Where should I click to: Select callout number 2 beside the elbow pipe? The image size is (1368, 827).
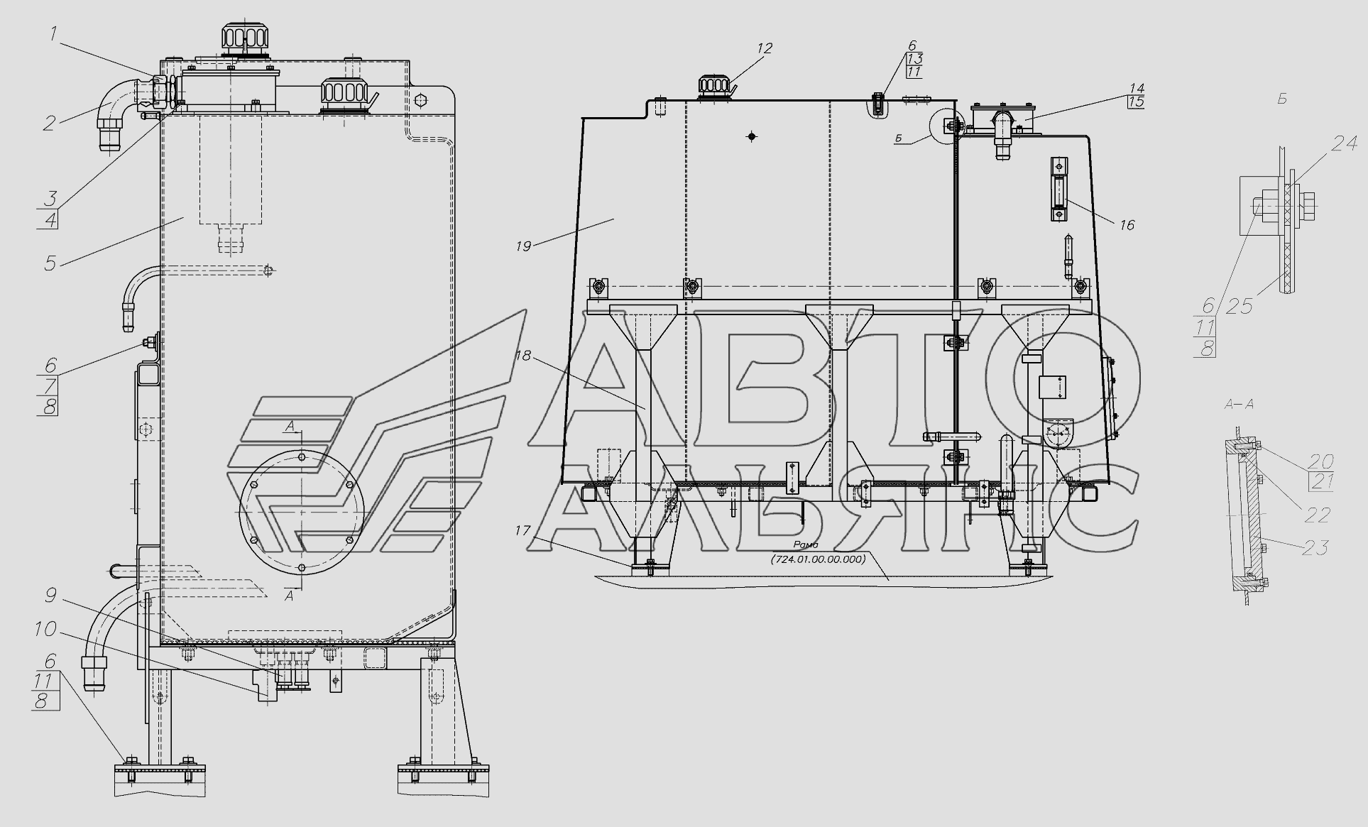pyautogui.click(x=49, y=122)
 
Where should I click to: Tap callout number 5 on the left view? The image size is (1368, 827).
pyautogui.click(x=50, y=263)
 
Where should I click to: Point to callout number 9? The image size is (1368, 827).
pyautogui.click(x=49, y=595)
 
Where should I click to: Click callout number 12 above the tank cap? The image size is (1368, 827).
pyautogui.click(x=764, y=48)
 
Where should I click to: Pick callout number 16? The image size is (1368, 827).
pyautogui.click(x=1127, y=225)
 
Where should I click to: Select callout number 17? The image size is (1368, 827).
pyautogui.click(x=523, y=530)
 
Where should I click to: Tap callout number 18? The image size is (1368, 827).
pyautogui.click(x=523, y=356)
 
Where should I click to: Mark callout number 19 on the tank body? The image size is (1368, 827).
pyautogui.click(x=523, y=246)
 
